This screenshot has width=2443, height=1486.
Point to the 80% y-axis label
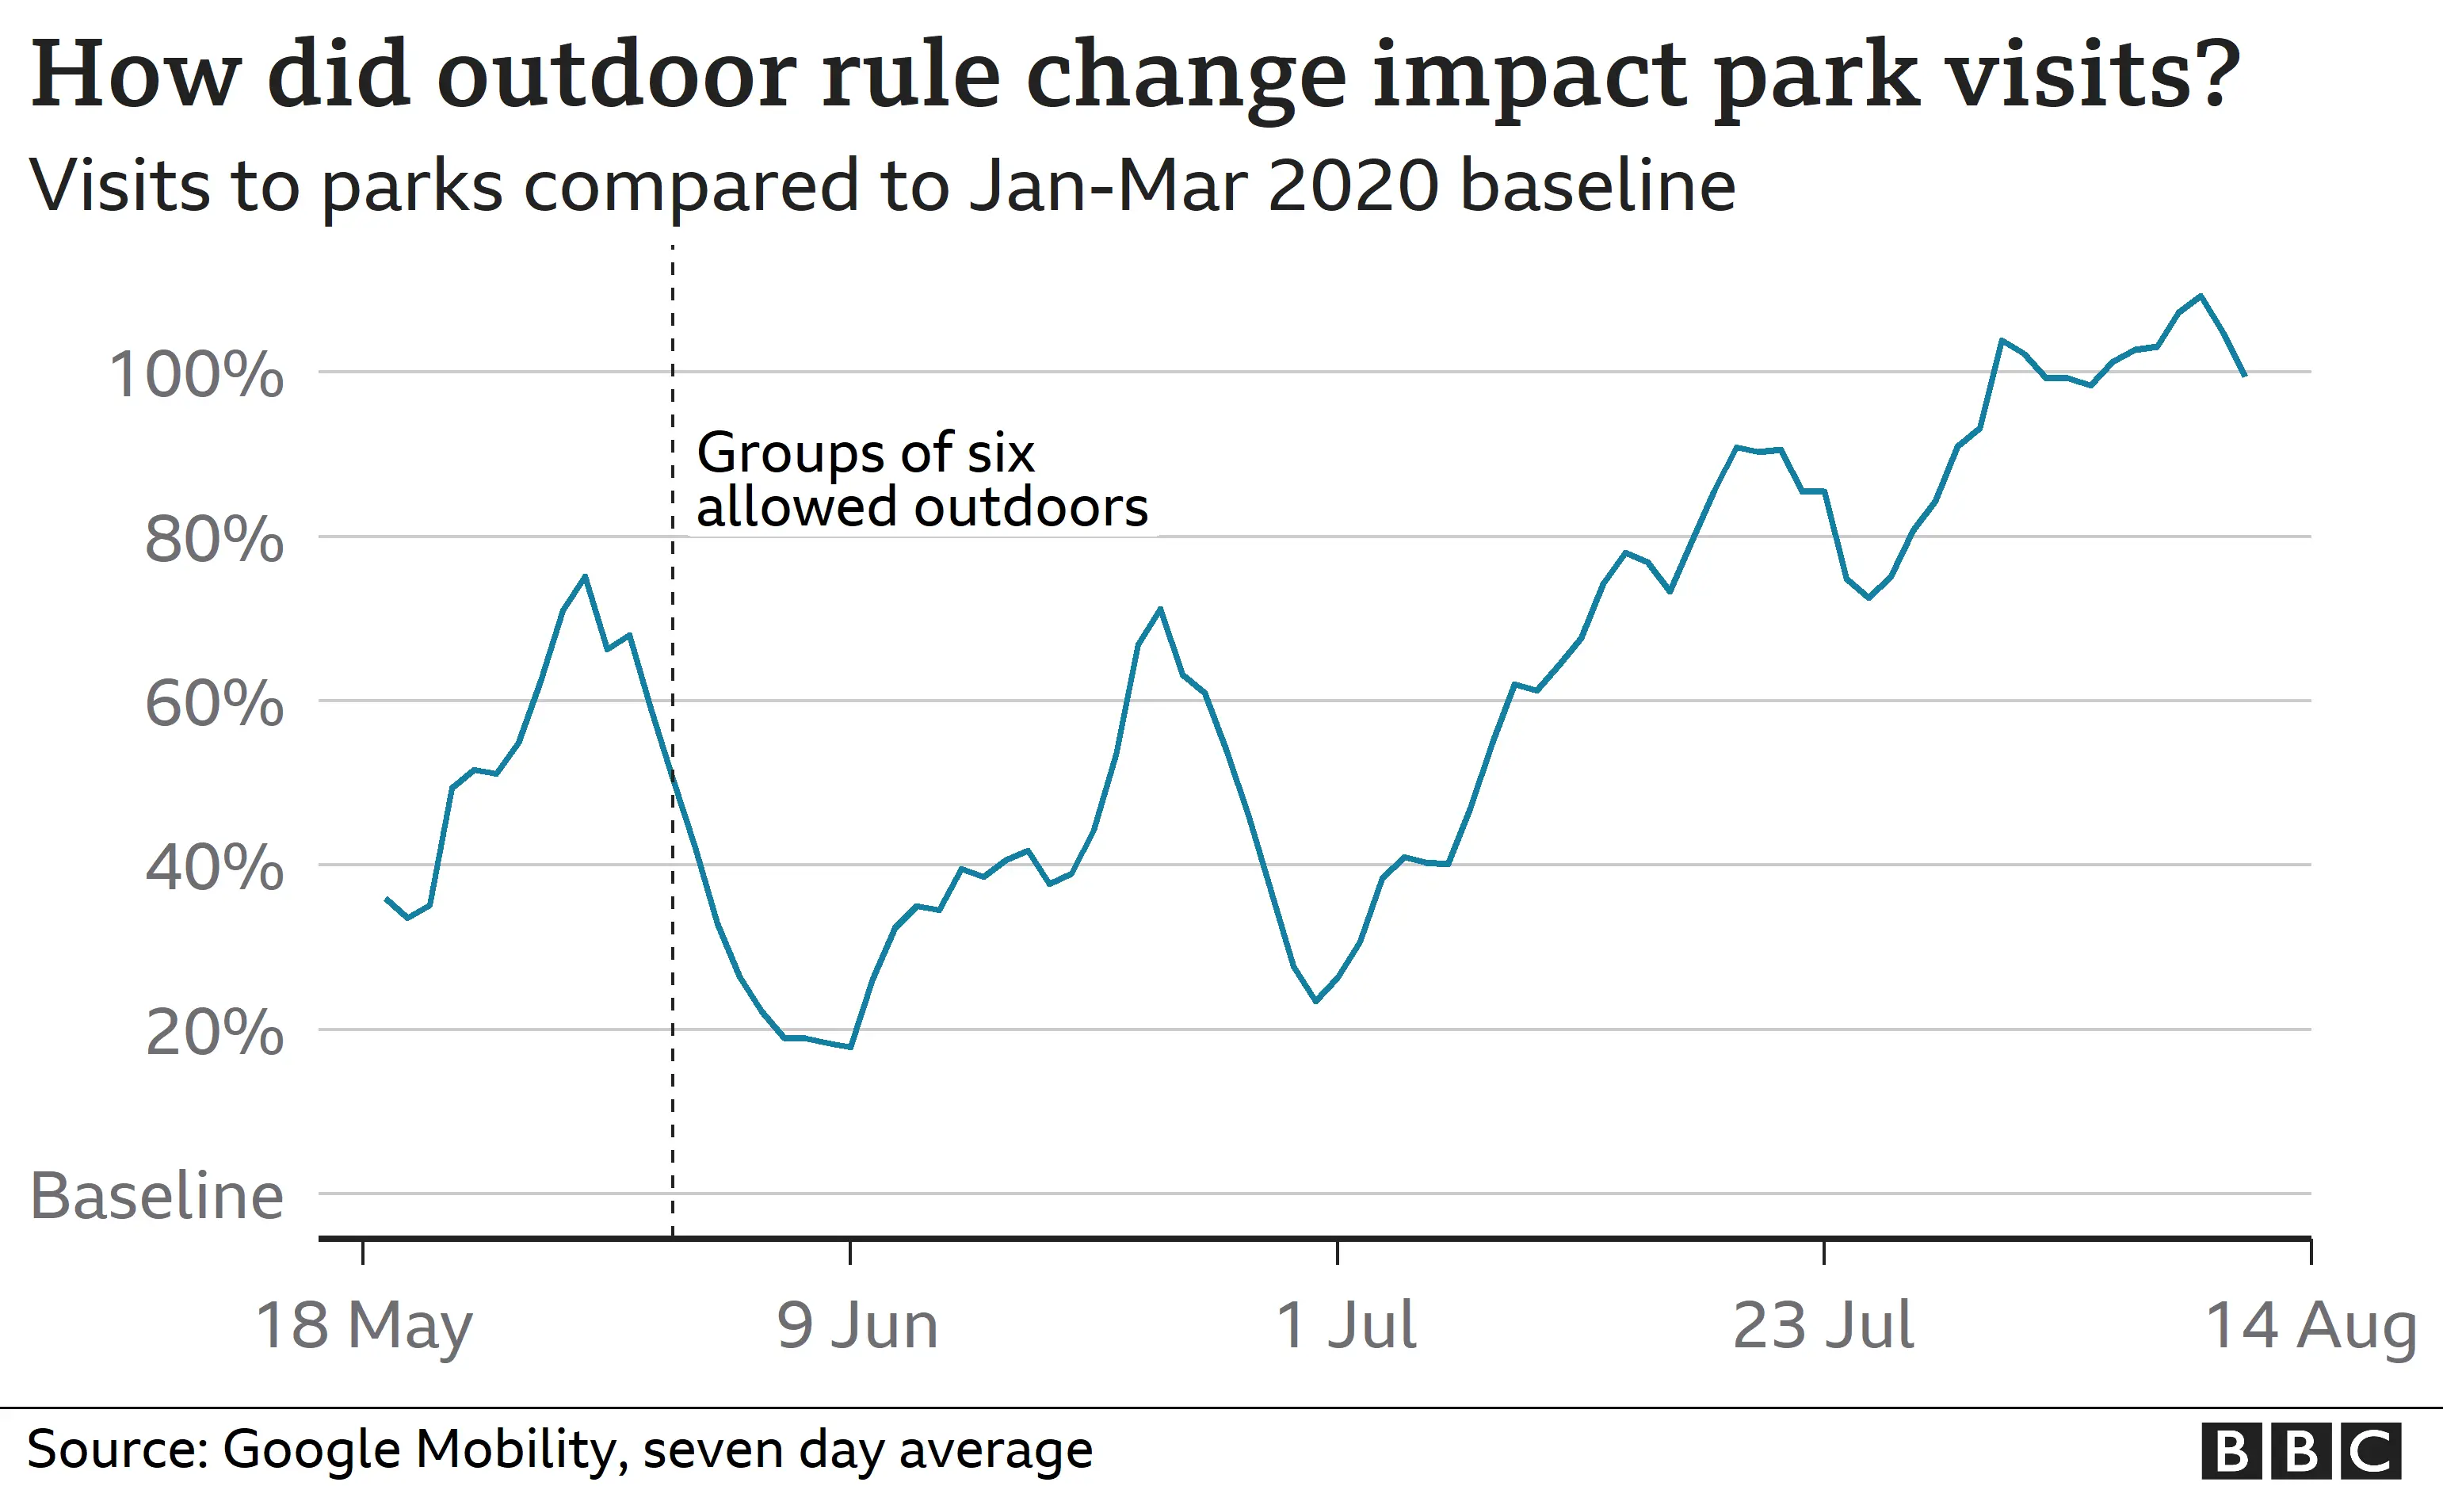coord(214,541)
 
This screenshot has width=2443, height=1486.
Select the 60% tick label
coord(214,705)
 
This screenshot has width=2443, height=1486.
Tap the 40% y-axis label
coord(214,869)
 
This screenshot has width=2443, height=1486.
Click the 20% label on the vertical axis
coord(214,1033)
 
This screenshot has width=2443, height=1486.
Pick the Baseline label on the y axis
coord(157,1196)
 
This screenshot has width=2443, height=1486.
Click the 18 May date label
coord(364,1325)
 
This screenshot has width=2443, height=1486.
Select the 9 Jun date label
coord(857,1325)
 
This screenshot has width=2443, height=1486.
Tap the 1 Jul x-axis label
coord(1346,1325)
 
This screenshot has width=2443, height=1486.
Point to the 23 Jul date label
coord(1823,1325)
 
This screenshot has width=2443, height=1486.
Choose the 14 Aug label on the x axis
coord(2310,1325)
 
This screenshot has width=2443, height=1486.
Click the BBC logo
coord(2301,1451)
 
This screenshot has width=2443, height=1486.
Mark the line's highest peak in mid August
coord(2201,296)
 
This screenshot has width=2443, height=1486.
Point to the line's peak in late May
coord(585,576)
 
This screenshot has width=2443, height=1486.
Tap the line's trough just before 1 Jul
coord(1315,1001)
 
